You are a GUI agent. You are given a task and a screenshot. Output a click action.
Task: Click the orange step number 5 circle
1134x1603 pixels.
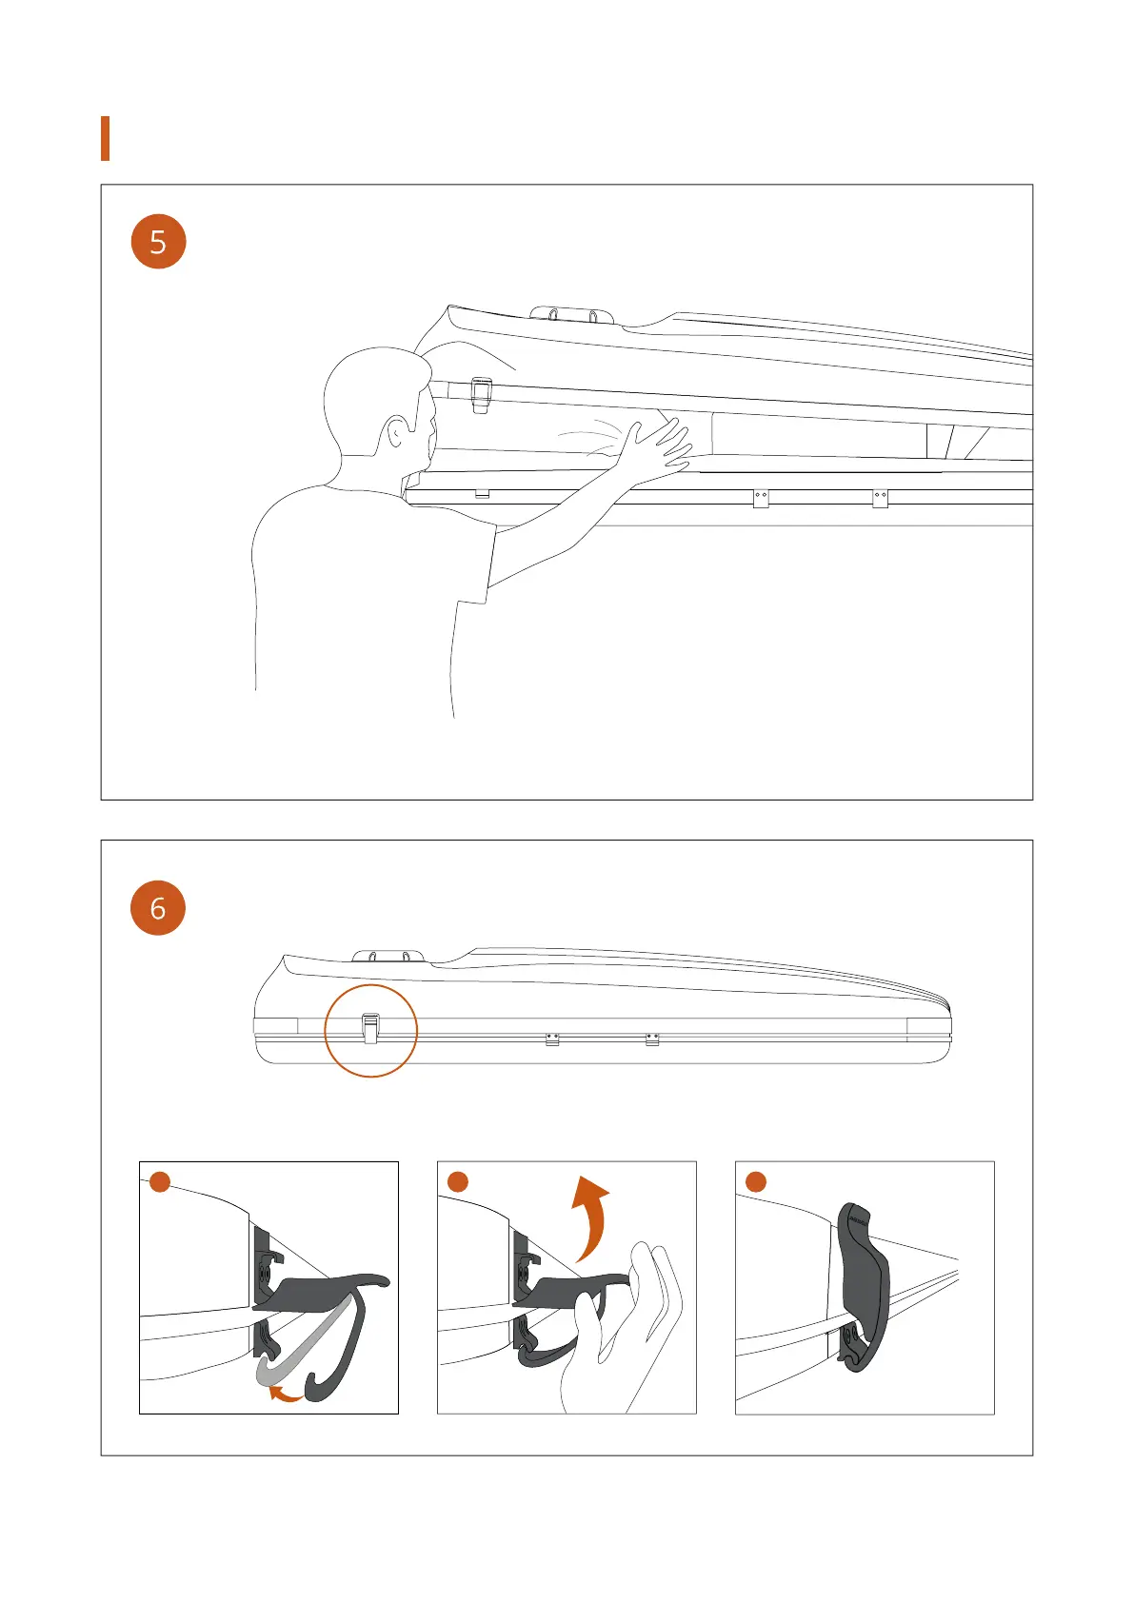click(158, 242)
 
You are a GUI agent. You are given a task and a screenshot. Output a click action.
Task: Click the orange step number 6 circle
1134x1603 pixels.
click(158, 907)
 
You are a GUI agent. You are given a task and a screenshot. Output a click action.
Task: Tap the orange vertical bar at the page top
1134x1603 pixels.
click(105, 138)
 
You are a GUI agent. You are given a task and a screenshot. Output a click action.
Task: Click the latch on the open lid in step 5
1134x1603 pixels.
click(482, 394)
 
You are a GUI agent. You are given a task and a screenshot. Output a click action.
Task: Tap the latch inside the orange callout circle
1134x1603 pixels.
click(370, 1028)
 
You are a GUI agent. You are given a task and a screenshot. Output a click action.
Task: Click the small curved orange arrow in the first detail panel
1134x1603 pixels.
click(284, 1395)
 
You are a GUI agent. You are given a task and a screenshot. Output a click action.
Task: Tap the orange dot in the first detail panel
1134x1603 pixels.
click(160, 1182)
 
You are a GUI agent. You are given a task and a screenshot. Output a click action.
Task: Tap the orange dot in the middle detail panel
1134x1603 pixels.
click(458, 1182)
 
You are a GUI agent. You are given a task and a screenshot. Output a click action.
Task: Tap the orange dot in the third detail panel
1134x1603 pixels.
click(756, 1182)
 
